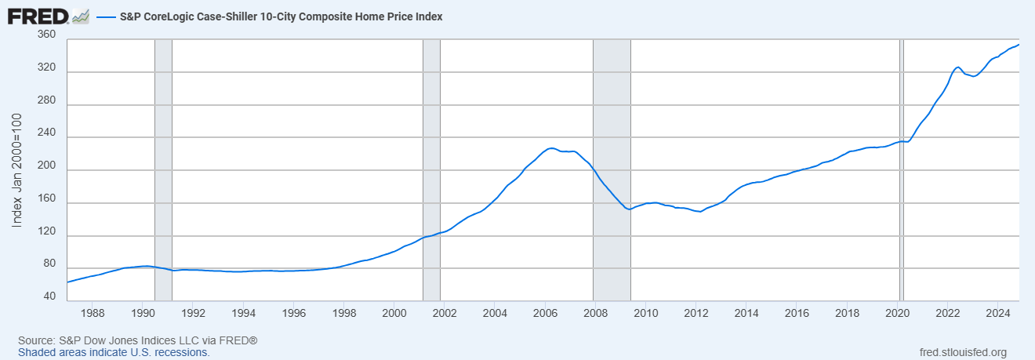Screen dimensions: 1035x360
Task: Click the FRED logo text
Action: pos(38,17)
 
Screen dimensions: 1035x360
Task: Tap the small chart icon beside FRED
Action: pos(81,17)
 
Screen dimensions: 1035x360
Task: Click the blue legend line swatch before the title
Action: pos(106,17)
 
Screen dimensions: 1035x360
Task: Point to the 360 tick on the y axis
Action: pos(46,35)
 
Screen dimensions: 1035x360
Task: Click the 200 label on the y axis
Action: pos(46,165)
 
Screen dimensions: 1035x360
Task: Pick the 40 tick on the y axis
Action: pos(49,296)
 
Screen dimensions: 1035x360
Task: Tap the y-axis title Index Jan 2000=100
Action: pos(16,170)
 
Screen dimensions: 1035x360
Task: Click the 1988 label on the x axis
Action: pos(93,313)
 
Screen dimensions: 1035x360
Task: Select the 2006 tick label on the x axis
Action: pos(545,313)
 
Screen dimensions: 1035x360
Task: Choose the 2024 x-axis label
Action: pos(998,313)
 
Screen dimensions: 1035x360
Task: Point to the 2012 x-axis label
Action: pos(696,313)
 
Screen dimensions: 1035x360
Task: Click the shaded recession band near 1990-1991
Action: pos(163,170)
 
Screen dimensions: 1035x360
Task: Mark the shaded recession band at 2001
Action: pos(431,170)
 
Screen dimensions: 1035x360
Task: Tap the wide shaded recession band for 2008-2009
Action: pos(612,170)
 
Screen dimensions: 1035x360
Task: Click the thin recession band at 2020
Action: pos(902,170)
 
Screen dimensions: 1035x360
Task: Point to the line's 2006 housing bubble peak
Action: pos(550,148)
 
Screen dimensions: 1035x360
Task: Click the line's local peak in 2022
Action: pos(957,67)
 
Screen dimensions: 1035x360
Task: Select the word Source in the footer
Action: pos(35,340)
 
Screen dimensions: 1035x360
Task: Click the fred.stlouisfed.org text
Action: pos(963,352)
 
